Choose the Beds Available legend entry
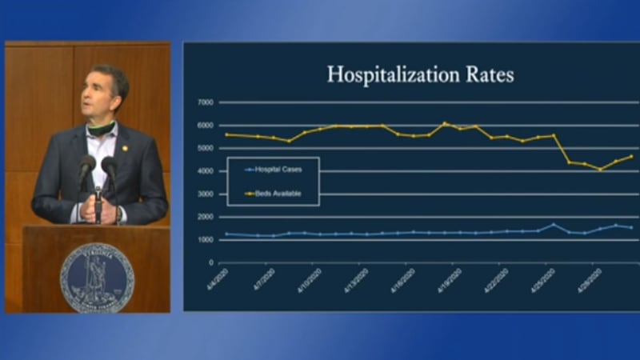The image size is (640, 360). [276, 194]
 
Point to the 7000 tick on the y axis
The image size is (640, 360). [205, 103]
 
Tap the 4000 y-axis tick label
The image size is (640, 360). [205, 171]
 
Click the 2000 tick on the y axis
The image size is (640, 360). [205, 217]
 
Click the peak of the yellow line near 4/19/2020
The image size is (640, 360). [446, 123]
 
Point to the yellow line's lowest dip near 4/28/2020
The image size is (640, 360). [600, 170]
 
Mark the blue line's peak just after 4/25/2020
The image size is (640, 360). [554, 225]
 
